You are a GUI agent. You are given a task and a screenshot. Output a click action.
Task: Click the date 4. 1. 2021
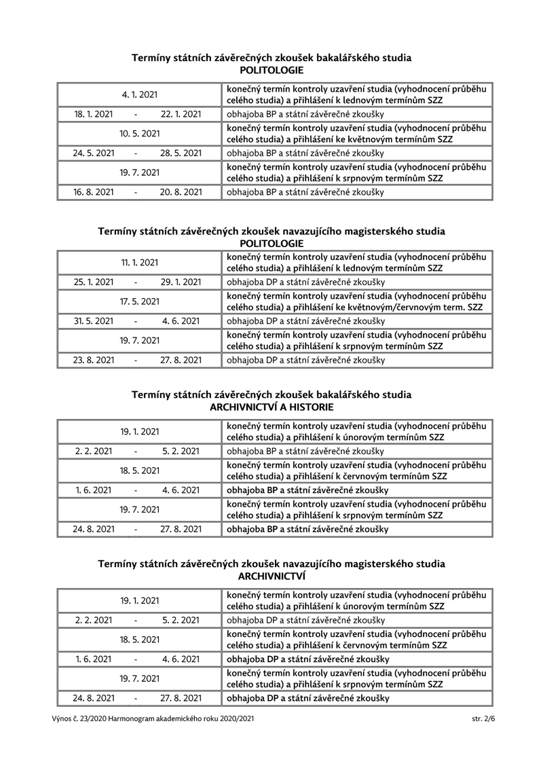140,94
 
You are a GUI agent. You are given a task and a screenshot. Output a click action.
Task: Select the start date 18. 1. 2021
94,114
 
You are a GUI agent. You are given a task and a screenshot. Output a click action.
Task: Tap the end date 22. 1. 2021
181,114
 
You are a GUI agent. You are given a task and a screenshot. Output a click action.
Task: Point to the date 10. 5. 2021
140,134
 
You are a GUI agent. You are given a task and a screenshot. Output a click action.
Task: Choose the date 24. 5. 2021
94,153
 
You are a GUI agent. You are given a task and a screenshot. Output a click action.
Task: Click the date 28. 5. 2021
181,153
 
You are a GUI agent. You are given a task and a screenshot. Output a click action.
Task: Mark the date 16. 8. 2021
94,192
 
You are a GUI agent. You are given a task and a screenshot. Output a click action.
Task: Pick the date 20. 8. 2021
181,192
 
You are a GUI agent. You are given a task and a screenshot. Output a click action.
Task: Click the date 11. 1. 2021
140,262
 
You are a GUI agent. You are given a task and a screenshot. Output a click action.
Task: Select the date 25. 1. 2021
94,282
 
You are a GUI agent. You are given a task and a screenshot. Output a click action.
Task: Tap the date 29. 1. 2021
181,282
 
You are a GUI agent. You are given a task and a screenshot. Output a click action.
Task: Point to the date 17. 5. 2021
140,301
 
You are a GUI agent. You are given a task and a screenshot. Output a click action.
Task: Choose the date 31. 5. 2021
94,321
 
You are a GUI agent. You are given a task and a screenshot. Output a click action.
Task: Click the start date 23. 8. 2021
94,360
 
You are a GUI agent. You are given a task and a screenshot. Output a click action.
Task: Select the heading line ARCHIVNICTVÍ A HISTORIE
271,407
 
